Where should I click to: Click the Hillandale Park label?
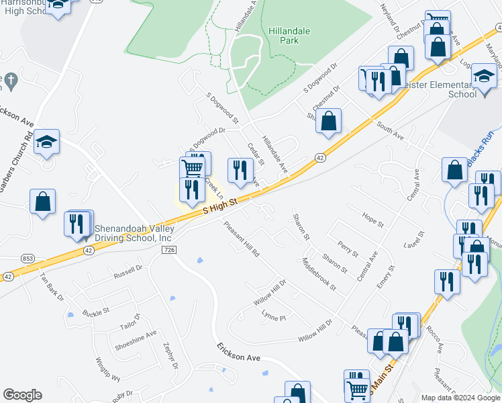[292, 36]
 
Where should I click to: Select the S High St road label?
[220, 206]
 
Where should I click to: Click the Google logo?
[22, 395]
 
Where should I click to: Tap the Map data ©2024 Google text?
[460, 398]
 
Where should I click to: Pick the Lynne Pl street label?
[274, 316]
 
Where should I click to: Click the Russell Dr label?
[129, 271]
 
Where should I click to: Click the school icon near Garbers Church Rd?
[47, 142]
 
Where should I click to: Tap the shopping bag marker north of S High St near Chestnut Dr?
[329, 122]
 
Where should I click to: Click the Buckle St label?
[96, 312]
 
